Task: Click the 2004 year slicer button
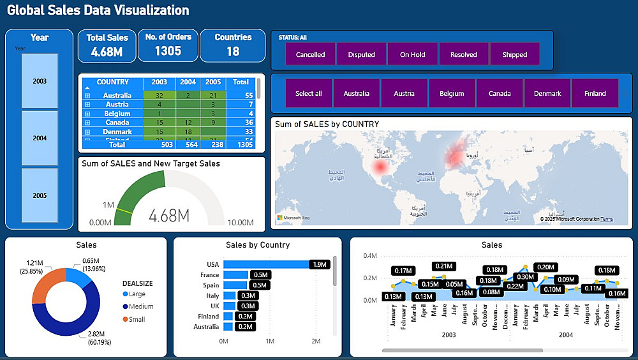pyautogui.click(x=40, y=138)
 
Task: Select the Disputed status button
pyautogui.click(x=361, y=54)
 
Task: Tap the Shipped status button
pyautogui.click(x=514, y=54)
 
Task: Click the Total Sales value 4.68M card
pyautogui.click(x=107, y=52)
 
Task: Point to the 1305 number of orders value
pyautogui.click(x=168, y=51)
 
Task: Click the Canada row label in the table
pyautogui.click(x=117, y=123)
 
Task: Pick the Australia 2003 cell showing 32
pyautogui.click(x=159, y=96)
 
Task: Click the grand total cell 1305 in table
pyautogui.click(x=241, y=145)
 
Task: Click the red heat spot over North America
pyautogui.click(x=381, y=167)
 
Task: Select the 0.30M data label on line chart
pyautogui.click(x=525, y=276)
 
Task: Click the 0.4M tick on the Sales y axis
pyautogui.click(x=370, y=256)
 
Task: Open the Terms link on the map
pyautogui.click(x=606, y=219)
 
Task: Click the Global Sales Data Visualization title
pyautogui.click(x=98, y=10)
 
